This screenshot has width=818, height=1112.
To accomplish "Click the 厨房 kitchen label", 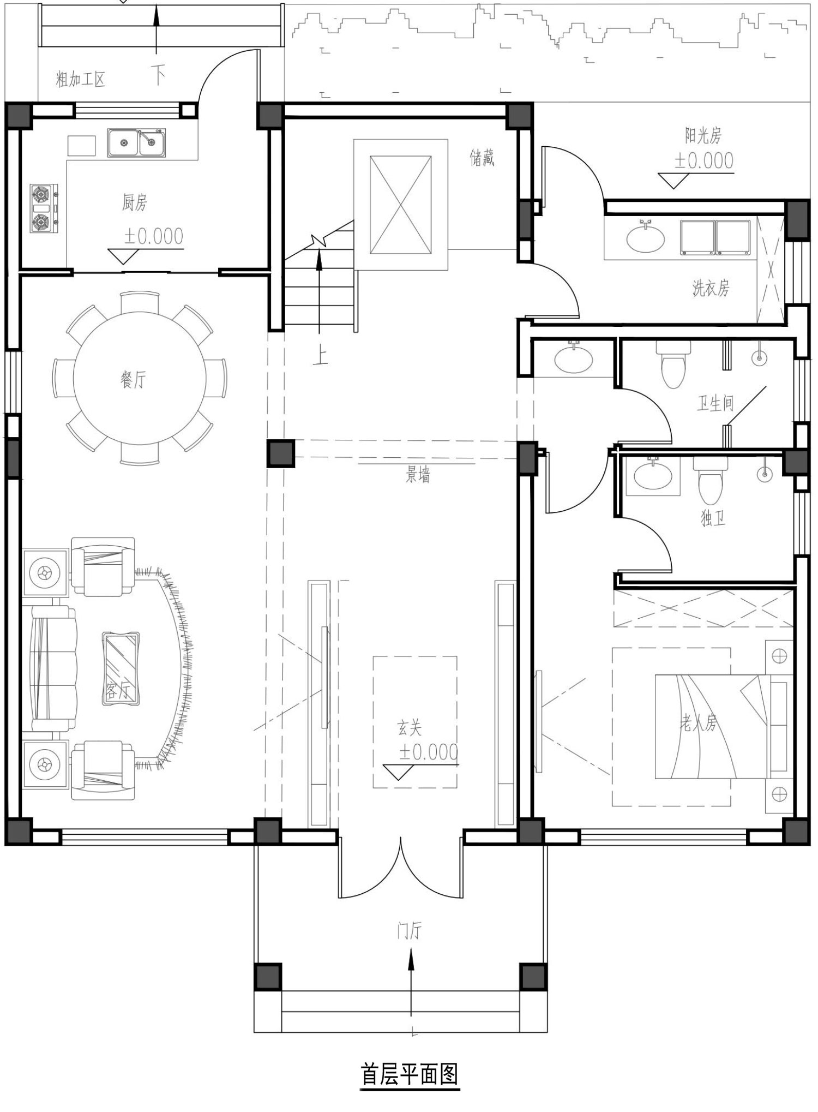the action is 134,203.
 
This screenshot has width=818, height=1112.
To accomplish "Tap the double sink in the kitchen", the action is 136,143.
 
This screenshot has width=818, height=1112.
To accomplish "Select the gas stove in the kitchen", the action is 44,208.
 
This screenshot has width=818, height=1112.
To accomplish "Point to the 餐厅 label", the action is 133,379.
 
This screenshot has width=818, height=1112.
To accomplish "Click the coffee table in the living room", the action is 121,668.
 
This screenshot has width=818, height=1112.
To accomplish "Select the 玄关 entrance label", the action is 409,727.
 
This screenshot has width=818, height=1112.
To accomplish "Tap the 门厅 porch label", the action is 409,931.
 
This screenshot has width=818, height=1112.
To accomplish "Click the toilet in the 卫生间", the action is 673,363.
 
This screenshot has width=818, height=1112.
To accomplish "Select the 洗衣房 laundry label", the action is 711,288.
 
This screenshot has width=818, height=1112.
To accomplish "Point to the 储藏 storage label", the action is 482,158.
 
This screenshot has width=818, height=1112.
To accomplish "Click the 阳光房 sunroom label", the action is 703,135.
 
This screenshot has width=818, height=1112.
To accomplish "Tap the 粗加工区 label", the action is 80,80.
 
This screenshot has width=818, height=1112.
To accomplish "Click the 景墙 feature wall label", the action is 418,475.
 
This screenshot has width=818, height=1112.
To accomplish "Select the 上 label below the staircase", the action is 320,357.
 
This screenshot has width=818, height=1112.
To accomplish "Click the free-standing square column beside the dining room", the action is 281,453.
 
